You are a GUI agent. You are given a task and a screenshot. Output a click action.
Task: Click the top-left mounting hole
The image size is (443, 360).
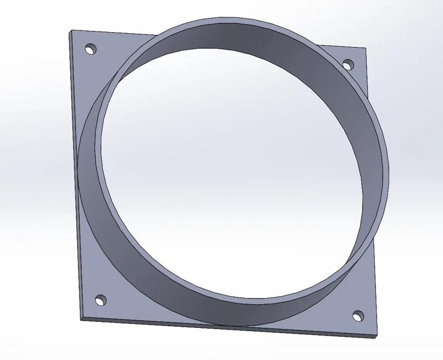click(x=90, y=49)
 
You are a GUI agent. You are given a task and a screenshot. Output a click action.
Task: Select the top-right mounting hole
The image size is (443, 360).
click(x=348, y=65)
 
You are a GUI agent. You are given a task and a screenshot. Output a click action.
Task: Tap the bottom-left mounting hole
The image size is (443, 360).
click(x=101, y=300)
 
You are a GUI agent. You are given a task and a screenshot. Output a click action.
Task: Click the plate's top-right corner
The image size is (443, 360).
click(x=367, y=49)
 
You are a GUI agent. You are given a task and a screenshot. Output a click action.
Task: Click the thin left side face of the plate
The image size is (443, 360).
click(x=74, y=166)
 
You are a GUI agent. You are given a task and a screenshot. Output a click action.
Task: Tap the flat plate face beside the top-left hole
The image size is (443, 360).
click(x=105, y=61)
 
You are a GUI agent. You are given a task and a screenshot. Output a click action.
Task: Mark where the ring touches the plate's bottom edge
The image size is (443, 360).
click(x=221, y=326)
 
